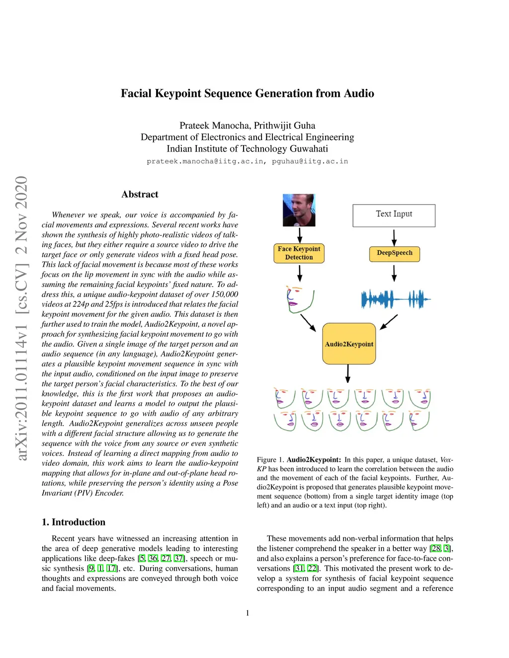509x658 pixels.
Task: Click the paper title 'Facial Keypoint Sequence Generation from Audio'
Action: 247,93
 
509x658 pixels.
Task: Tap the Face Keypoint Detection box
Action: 299,253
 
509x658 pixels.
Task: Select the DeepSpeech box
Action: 394,253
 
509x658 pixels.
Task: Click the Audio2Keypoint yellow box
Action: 349,344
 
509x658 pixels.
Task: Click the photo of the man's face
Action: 299,210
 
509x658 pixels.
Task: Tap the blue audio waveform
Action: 395,299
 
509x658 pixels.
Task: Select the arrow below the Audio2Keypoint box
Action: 348,373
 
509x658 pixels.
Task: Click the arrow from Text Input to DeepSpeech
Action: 394,237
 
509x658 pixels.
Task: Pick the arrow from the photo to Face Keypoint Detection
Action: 300,235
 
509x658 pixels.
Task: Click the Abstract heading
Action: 140,194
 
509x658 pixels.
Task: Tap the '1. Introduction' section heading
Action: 74,522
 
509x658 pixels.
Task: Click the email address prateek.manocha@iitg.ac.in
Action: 205,161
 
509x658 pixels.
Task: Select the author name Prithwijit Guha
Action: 284,126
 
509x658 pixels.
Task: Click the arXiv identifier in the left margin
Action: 21,318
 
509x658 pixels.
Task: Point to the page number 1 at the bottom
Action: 248,613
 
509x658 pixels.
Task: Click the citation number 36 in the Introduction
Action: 153,558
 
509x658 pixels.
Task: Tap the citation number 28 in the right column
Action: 435,548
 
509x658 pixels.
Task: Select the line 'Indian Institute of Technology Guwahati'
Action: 247,148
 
